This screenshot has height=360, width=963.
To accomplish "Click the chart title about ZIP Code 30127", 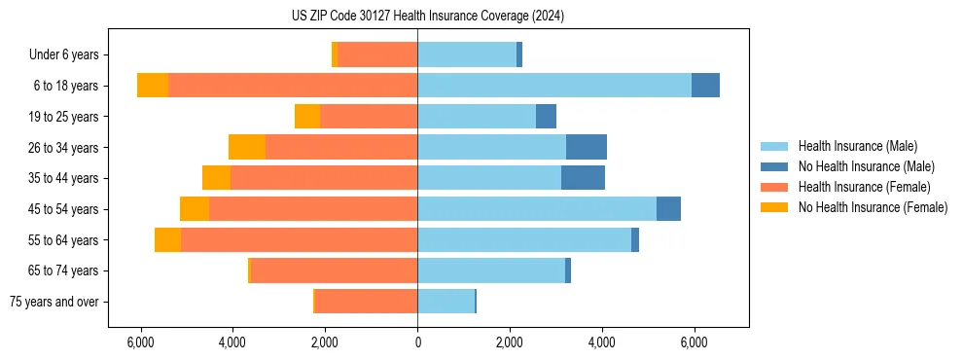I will (428, 16).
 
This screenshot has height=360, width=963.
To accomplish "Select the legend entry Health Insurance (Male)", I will (857, 146).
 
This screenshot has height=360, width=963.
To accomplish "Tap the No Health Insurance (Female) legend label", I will (873, 207).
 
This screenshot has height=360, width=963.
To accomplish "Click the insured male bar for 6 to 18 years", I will (554, 86).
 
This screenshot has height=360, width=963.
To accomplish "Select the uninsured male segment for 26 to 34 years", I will (587, 147).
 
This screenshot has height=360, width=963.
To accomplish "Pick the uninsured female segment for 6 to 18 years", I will (153, 86).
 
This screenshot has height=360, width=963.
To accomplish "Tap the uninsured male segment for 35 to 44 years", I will (583, 178).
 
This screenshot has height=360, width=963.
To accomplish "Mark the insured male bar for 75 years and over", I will (446, 302).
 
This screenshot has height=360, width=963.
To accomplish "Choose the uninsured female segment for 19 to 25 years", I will (307, 117).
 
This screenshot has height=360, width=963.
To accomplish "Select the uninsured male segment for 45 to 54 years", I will (668, 209).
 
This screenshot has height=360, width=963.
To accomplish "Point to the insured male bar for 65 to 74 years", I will (491, 270).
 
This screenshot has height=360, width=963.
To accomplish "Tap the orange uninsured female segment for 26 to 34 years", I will (247, 147).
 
